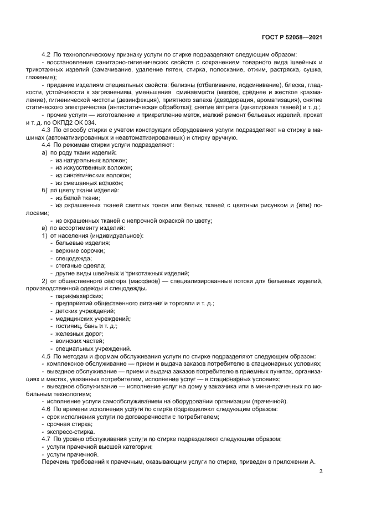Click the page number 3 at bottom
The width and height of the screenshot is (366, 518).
click(x=321, y=471)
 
